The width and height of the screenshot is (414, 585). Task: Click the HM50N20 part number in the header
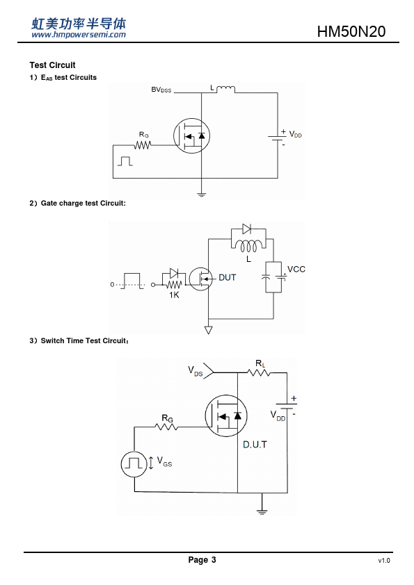[x=351, y=32]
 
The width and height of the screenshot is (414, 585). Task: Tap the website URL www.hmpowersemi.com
[x=79, y=35]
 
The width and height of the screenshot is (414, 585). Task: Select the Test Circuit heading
[x=52, y=65]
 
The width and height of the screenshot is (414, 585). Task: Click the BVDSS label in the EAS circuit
[x=161, y=90]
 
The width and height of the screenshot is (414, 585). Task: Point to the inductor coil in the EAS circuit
[x=225, y=89]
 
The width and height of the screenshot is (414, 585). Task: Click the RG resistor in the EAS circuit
[x=143, y=145]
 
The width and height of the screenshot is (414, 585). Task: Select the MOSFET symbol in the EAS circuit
[x=191, y=135]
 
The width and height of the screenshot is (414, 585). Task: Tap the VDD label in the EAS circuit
[x=296, y=134]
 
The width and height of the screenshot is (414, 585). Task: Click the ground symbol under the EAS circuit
[x=201, y=194]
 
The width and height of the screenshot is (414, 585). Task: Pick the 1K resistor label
[x=174, y=295]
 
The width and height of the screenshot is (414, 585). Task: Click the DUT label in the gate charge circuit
[x=227, y=278]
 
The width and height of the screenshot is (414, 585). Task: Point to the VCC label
[x=296, y=269]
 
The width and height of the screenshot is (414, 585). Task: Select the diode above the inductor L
[x=246, y=229]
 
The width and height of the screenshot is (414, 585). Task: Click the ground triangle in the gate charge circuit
[x=209, y=330]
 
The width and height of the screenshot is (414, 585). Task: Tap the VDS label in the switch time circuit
[x=195, y=371]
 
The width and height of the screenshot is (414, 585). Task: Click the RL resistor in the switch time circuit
[x=259, y=372]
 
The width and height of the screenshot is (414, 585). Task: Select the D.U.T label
[x=255, y=445]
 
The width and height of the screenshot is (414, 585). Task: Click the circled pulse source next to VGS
[x=134, y=463]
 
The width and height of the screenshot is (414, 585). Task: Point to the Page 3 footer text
[x=202, y=559]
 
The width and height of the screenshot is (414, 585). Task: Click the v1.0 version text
[x=384, y=561]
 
